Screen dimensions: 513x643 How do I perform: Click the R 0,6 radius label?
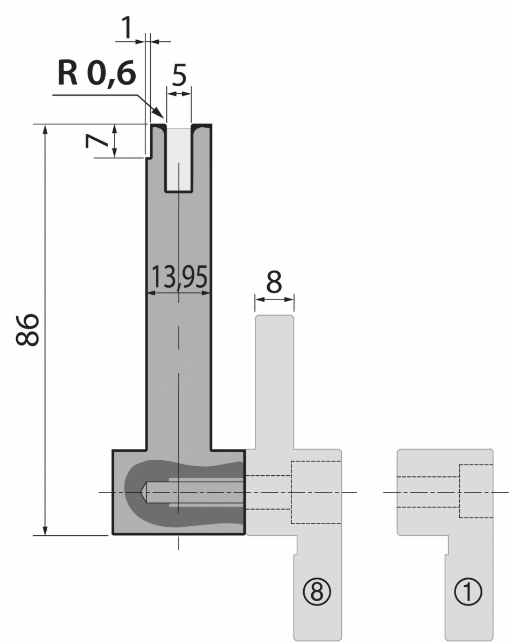tap(97, 73)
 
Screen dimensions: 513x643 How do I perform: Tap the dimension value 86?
tap(27, 330)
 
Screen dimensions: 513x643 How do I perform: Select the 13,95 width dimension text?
tap(179, 277)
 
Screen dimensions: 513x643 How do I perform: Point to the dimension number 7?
tap(96, 141)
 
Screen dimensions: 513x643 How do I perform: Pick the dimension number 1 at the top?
tap(127, 27)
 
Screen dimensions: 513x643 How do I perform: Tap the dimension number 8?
tap(274, 282)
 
